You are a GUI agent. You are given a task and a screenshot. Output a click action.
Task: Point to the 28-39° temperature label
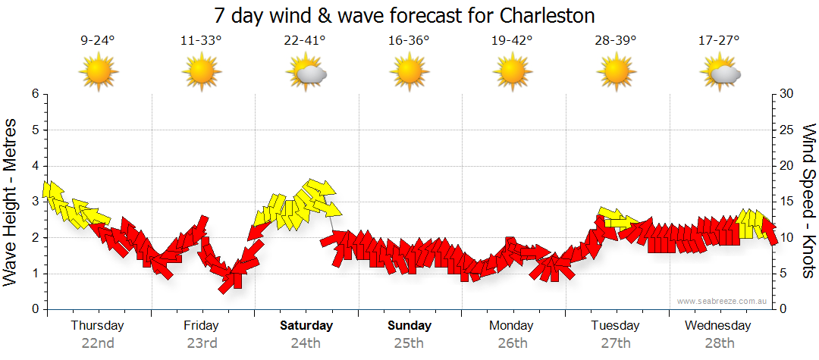[x=615, y=40]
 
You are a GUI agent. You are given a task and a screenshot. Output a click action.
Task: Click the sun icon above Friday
[x=201, y=73]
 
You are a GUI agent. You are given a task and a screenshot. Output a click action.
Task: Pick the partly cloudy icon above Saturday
[x=306, y=74]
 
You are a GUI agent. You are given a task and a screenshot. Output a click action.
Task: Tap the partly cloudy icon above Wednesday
[x=720, y=74]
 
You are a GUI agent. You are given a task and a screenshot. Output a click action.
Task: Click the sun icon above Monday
[x=512, y=73]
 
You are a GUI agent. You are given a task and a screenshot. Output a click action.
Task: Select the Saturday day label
[x=306, y=326]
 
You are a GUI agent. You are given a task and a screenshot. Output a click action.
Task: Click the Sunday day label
[x=409, y=326]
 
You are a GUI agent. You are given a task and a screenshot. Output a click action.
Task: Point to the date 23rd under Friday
[x=202, y=343]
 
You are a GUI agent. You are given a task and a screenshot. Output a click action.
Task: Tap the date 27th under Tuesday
[x=616, y=343]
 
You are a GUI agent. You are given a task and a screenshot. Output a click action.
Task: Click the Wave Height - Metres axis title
[x=11, y=202]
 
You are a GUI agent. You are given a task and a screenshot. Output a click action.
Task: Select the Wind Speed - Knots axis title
[x=808, y=202]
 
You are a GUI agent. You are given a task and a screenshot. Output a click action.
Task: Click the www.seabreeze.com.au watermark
[x=723, y=302]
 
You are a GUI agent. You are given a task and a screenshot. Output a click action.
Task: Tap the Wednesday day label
[x=717, y=326]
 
